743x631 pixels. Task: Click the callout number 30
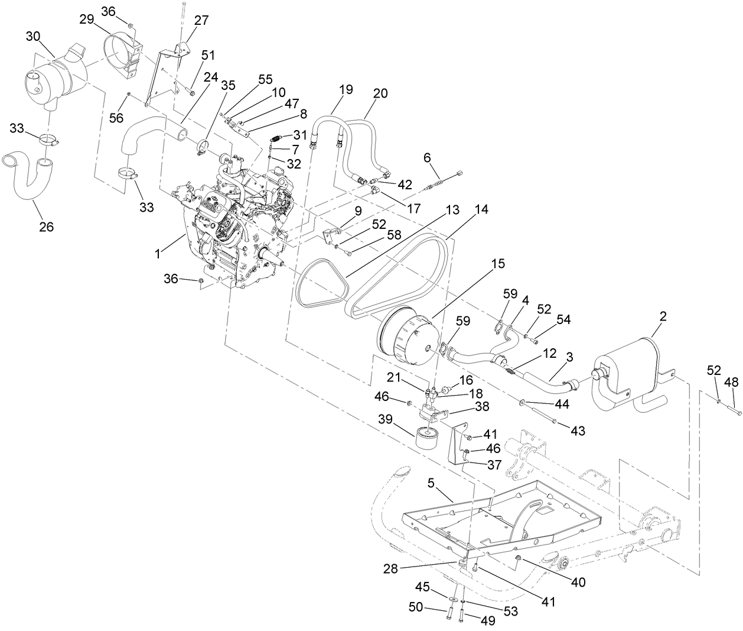[x=34, y=37]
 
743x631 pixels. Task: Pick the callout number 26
[x=46, y=226]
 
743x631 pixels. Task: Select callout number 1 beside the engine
[x=157, y=253]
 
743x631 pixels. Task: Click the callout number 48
[x=731, y=383]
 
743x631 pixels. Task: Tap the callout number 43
[x=578, y=431]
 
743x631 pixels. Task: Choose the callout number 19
[x=346, y=89]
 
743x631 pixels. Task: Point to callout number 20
[x=381, y=93]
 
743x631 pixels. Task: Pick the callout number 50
[x=416, y=607]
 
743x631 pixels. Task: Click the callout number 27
[x=201, y=20]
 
